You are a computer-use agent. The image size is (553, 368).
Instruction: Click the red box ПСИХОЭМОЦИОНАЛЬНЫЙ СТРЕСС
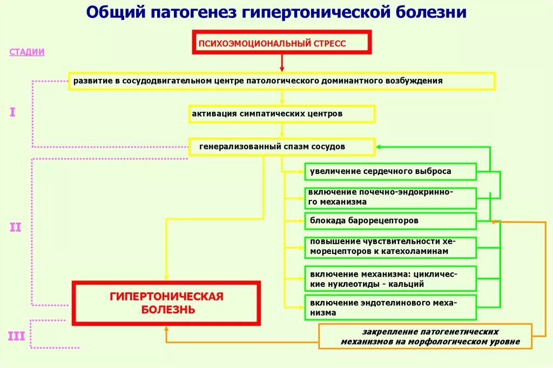point(281,43)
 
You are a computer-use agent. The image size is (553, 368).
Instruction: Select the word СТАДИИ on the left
point(27,52)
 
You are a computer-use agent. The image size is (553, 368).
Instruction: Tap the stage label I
point(12,112)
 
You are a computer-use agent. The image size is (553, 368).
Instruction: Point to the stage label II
point(15,228)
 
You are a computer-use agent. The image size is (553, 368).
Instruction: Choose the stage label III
point(16,336)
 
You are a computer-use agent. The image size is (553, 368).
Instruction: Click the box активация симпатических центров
point(281,114)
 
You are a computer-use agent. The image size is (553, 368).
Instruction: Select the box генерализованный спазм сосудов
point(281,147)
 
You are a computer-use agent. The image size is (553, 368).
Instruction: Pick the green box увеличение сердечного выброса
point(390,171)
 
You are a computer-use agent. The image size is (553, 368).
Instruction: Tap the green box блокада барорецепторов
point(390,220)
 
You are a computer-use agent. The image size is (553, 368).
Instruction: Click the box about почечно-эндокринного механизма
point(390,197)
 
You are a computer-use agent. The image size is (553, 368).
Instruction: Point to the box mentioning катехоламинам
point(390,247)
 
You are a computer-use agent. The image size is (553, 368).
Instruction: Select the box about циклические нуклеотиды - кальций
point(390,279)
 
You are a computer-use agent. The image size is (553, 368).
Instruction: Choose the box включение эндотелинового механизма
point(390,307)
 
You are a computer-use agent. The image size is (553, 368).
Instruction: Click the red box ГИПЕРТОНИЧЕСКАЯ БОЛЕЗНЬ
point(167,303)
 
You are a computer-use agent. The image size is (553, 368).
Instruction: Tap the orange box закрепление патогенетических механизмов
point(426,336)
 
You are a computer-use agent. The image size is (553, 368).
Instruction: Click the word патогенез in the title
point(202,12)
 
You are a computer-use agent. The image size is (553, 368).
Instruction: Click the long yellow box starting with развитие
point(281,81)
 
